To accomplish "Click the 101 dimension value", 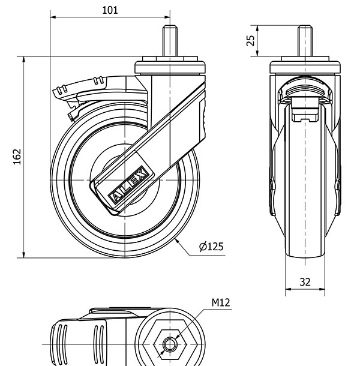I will click(x=110, y=10).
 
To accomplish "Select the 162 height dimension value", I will click(x=17, y=157).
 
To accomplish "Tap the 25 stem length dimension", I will click(x=251, y=40).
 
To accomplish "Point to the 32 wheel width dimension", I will click(x=305, y=281).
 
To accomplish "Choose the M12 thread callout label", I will click(x=220, y=303).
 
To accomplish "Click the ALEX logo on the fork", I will click(x=128, y=186).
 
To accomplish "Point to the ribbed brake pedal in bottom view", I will click(x=78, y=342).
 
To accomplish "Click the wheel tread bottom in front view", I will click(x=305, y=255).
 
